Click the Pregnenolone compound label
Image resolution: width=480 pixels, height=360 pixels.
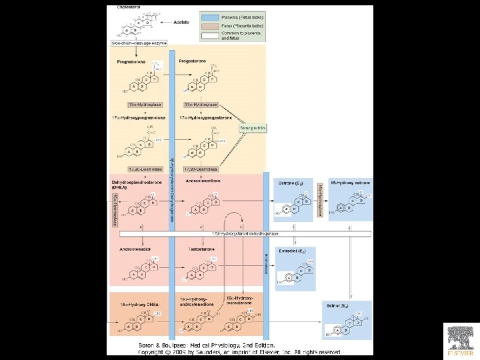point(132,61)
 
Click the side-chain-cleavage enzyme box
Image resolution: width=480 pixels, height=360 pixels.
point(139,43)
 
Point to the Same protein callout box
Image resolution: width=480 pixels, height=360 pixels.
point(253,127)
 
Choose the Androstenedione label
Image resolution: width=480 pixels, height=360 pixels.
point(203,181)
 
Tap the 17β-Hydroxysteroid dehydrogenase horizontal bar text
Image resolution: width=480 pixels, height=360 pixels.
point(245,234)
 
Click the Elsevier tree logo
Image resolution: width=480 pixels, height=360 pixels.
point(461,338)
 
